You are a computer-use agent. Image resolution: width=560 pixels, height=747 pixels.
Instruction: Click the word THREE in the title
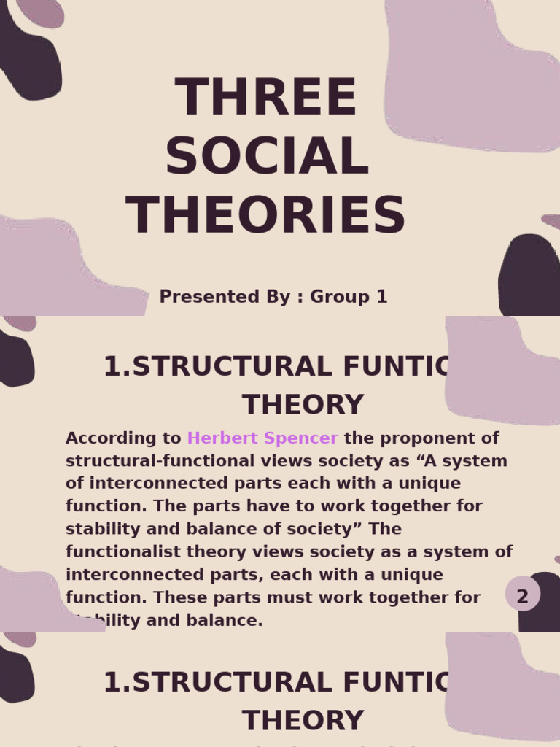(x=266, y=98)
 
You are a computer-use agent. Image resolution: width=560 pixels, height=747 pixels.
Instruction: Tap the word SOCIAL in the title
(x=267, y=157)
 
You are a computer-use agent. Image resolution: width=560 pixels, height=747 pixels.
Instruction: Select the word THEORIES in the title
(x=266, y=216)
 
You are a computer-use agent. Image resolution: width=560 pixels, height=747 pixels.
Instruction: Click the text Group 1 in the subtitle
(x=349, y=297)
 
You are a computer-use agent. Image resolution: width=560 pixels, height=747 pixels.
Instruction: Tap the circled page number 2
(x=522, y=596)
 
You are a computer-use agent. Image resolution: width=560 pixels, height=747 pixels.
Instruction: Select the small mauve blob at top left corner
(x=41, y=12)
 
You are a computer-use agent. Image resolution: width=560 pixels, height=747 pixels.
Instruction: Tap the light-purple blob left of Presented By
(x=51, y=270)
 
